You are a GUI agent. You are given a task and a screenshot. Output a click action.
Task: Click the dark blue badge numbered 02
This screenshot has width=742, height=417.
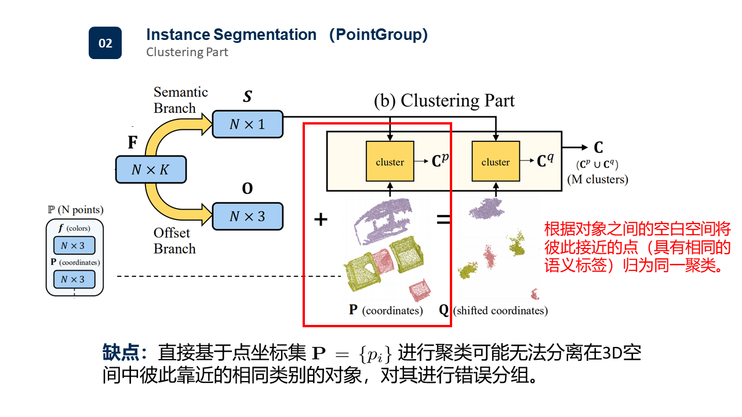(105, 43)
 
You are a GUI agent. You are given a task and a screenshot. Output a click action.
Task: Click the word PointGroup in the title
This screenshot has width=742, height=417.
(379, 35)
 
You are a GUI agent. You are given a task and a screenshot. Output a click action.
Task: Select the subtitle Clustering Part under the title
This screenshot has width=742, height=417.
(187, 52)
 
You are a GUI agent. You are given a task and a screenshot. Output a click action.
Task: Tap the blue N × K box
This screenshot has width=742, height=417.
(151, 170)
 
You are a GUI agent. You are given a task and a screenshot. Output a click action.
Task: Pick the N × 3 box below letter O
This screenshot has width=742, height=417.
(248, 217)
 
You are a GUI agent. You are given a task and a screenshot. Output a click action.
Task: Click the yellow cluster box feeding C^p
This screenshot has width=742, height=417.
(390, 162)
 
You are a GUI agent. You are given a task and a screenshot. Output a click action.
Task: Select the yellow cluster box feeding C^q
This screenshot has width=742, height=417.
(495, 162)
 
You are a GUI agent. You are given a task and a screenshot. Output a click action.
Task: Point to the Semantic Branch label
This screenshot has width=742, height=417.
(180, 100)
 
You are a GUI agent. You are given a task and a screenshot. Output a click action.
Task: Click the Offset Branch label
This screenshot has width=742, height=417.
(174, 241)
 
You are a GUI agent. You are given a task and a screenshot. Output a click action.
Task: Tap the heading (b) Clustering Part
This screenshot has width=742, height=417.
(444, 100)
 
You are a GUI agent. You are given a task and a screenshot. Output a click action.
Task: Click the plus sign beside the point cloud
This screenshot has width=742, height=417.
(321, 220)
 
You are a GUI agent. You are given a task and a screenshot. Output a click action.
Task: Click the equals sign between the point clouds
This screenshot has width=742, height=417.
(443, 220)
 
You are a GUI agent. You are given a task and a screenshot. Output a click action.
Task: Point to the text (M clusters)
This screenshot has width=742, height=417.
(597, 180)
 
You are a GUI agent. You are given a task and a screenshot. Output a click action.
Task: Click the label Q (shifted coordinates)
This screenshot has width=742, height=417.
(493, 310)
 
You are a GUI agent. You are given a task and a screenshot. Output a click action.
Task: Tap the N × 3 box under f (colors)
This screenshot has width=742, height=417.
(74, 246)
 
